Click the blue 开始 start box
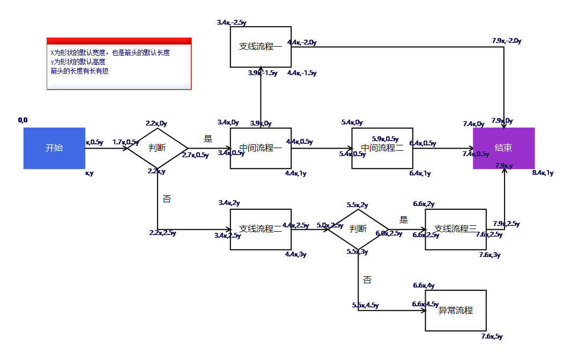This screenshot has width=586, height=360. pyautogui.click(x=54, y=148)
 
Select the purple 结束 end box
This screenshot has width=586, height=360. pyautogui.click(x=503, y=148)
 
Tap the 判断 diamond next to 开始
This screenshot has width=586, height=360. pyautogui.click(x=157, y=148)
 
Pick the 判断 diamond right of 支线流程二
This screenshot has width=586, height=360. pyautogui.click(x=358, y=229)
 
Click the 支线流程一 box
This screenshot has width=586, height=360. pyautogui.click(x=261, y=47)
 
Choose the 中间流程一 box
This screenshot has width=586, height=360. pyautogui.click(x=261, y=148)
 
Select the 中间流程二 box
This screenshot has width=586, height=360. pyautogui.click(x=382, y=148)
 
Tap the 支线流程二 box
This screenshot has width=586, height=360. pyautogui.click(x=261, y=229)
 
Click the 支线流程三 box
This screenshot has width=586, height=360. pyautogui.click(x=455, y=229)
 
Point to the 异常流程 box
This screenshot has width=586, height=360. pyautogui.click(x=455, y=311)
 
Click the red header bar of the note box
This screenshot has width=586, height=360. pyautogui.click(x=119, y=41)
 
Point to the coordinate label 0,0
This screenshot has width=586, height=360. pyautogui.click(x=23, y=120)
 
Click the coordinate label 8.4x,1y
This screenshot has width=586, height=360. pyautogui.click(x=543, y=173)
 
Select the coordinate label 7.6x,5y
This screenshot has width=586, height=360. pyautogui.click(x=492, y=336)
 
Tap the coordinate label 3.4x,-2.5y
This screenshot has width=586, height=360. pyautogui.click(x=232, y=23)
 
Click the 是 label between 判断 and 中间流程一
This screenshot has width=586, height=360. pyautogui.click(x=208, y=138)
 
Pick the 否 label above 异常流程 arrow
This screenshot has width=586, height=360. pyautogui.click(x=367, y=280)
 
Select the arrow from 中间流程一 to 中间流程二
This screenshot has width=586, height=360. pyautogui.click(x=322, y=148)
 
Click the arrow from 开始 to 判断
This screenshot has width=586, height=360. pyautogui.click(x=106, y=148)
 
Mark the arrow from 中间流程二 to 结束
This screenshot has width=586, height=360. pyautogui.click(x=443, y=148)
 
